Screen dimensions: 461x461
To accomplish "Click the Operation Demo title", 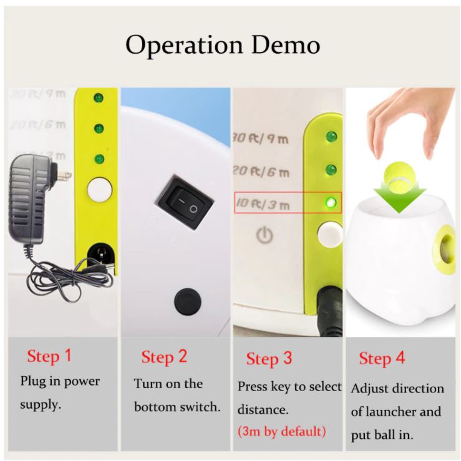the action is [x=223, y=45].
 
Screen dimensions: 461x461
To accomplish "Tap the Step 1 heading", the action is [x=49, y=356].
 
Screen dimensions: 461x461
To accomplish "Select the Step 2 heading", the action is [x=164, y=357].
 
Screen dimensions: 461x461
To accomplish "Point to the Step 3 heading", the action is [x=269, y=359].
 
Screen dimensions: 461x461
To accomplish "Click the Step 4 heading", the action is [x=382, y=359].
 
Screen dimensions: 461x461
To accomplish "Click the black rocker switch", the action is [x=184, y=203].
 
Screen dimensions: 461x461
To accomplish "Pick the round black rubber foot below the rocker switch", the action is [x=188, y=302].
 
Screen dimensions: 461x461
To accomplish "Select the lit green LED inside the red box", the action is [x=331, y=202].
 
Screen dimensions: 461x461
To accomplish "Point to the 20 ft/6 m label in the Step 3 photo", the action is [x=261, y=171].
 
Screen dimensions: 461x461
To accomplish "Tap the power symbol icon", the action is [x=265, y=235].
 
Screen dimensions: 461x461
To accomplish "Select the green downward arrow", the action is [x=399, y=195].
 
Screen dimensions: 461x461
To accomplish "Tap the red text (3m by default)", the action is [x=282, y=431].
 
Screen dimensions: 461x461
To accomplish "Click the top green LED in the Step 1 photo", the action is [x=99, y=97].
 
